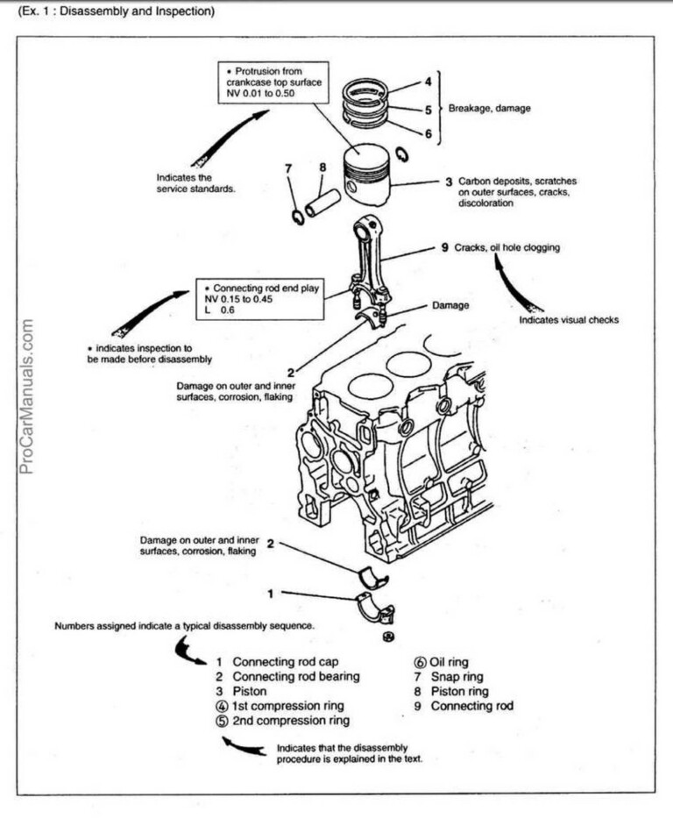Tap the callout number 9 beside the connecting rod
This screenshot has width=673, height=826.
pos(444,248)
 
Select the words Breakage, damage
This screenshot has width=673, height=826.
pos(489,109)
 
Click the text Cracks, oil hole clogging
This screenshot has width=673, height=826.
pos(507,248)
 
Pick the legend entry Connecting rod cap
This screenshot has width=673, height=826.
pos(285,661)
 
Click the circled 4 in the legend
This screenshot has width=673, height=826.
pos(221,706)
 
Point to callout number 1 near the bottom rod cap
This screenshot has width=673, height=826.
pos(271,594)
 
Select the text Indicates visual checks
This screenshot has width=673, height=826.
pos(569,320)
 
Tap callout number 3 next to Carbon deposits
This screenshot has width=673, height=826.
pos(448,182)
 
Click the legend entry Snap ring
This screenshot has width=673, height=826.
pos(456,676)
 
